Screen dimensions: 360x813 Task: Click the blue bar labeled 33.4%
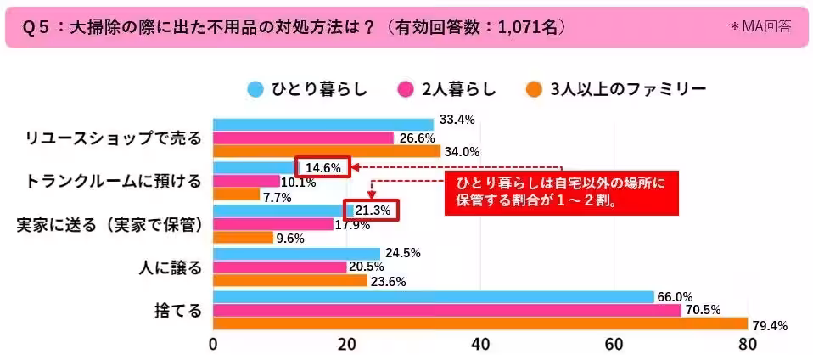tap(322, 124)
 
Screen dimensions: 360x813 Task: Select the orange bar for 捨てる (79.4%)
tap(479, 324)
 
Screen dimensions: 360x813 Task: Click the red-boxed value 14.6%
tap(322, 168)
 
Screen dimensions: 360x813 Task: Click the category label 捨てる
tap(181, 311)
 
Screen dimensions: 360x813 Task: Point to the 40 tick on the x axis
tap(480, 344)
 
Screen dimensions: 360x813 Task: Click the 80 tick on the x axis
tap(747, 344)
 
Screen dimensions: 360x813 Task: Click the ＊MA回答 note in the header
tap(760, 26)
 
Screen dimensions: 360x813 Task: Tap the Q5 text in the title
tap(32, 27)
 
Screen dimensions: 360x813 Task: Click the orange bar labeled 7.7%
tap(236, 194)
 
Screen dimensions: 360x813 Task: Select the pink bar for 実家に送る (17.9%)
tap(272, 224)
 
